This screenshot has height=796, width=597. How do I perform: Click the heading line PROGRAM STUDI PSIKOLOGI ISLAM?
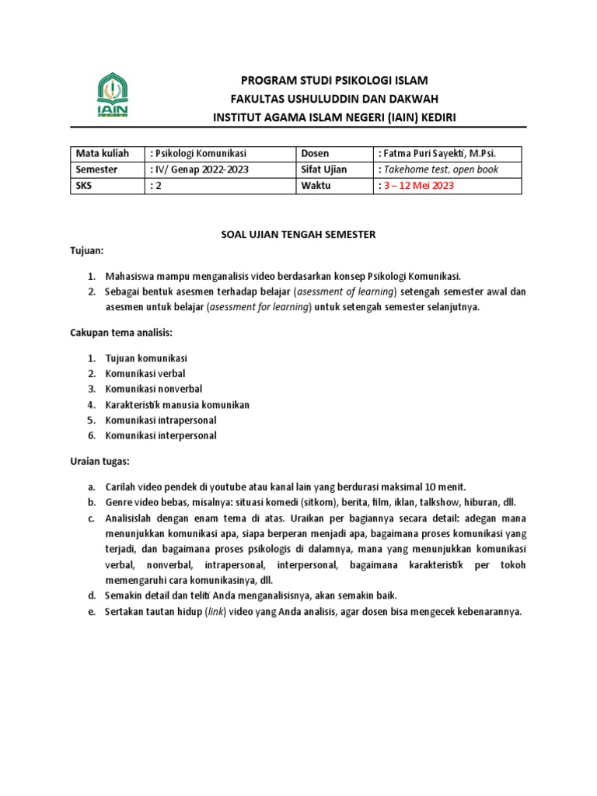click(x=334, y=80)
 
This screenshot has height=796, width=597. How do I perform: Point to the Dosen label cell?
click(x=316, y=153)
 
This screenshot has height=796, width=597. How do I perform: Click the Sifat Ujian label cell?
click(x=324, y=169)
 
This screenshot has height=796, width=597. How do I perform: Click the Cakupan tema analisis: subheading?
click(x=117, y=333)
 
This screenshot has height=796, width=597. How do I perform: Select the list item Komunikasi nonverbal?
click(x=152, y=389)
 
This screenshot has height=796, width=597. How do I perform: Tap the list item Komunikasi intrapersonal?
click(x=160, y=420)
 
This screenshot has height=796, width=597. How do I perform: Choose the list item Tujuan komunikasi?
click(x=146, y=358)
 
